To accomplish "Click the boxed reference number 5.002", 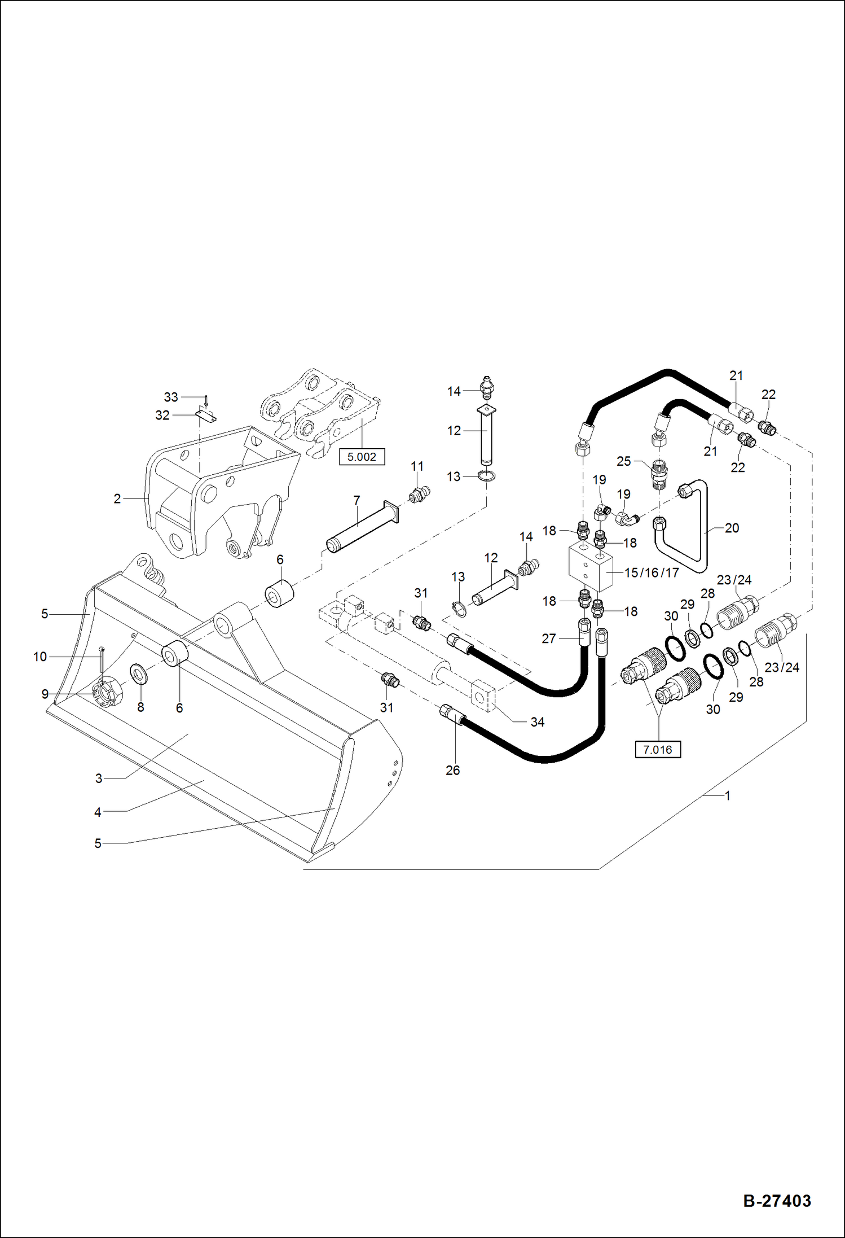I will click(x=362, y=457).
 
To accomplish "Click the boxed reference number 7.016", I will click(x=657, y=750).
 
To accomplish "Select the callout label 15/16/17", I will click(x=652, y=572).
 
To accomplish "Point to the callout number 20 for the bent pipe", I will click(x=732, y=528).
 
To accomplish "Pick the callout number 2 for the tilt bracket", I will click(x=117, y=498).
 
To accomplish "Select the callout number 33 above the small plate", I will click(x=171, y=397).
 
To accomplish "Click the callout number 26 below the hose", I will click(x=452, y=770).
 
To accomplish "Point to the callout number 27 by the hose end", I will click(x=549, y=638).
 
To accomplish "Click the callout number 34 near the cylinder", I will click(x=537, y=721).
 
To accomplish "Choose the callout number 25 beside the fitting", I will click(x=623, y=461).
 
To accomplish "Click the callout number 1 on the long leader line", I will click(x=727, y=795).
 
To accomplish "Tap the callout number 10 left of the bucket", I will click(x=40, y=657).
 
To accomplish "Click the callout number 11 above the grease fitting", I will click(x=417, y=466).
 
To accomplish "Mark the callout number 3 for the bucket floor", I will click(x=99, y=778).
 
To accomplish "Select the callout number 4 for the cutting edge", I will click(x=98, y=812).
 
